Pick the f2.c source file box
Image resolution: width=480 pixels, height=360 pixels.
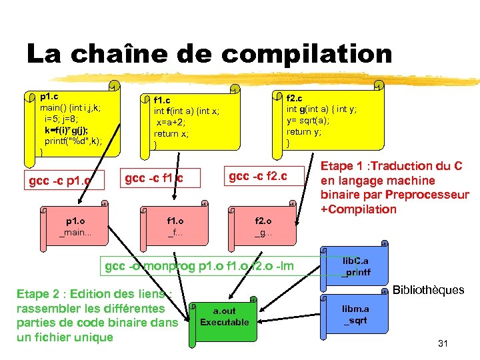[331, 118]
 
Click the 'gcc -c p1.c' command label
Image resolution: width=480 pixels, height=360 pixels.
[60, 181]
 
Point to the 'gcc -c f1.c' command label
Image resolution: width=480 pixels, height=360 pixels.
[154, 178]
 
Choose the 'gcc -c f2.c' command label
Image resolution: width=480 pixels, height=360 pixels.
[258, 176]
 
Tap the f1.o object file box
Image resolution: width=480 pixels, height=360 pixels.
[175, 225]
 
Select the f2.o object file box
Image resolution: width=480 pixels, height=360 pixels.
[263, 225]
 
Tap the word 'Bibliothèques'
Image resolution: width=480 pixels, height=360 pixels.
[428, 290]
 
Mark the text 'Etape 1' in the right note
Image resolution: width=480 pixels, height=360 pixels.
[342, 166]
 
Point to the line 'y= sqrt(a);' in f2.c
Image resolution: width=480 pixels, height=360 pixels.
[307, 120]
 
